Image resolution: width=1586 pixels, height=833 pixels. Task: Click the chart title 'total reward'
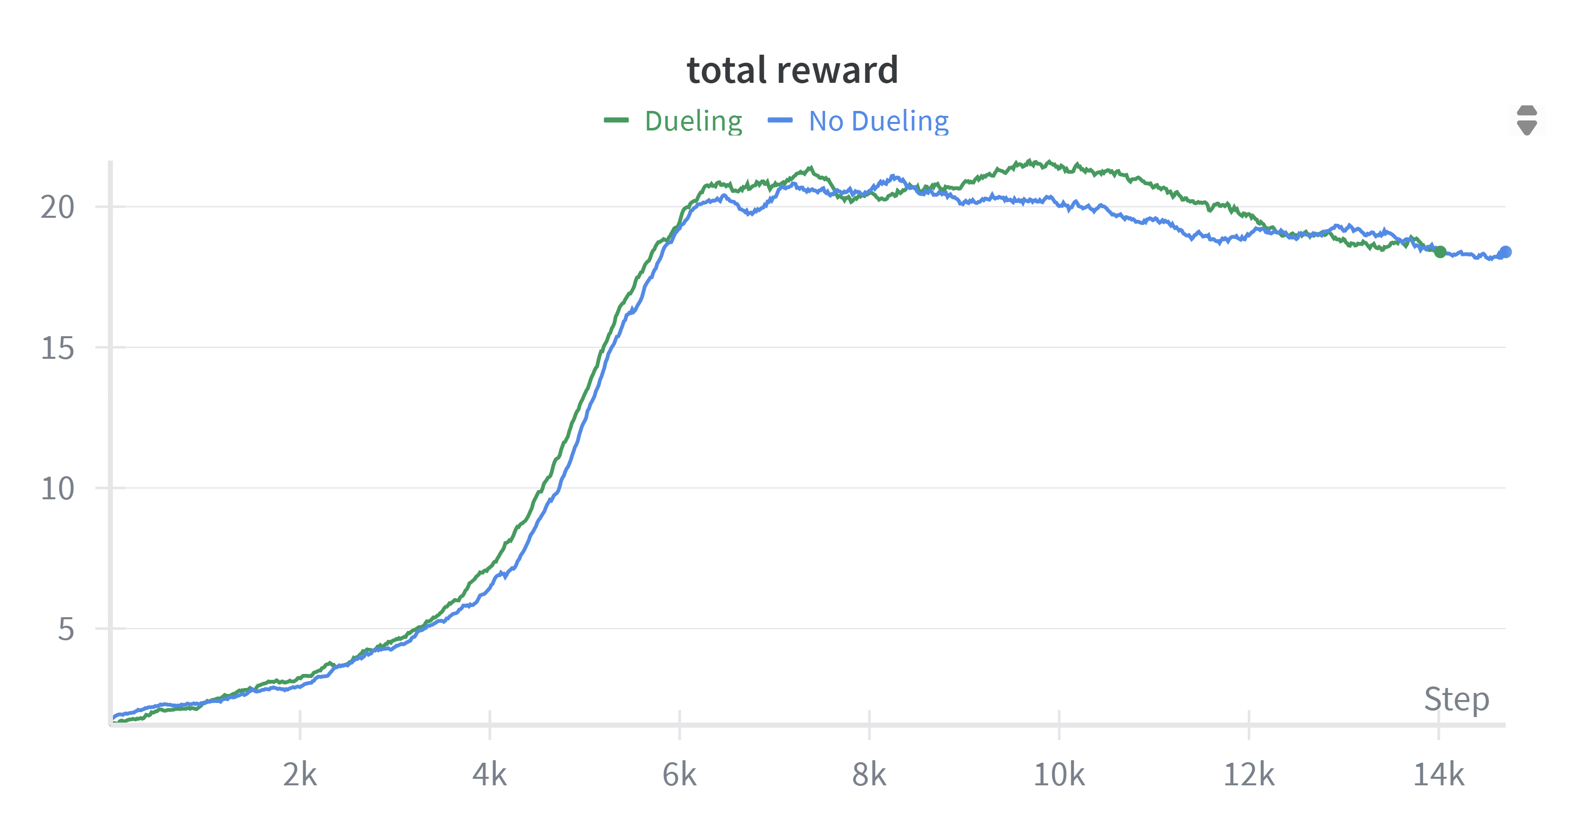[792, 70]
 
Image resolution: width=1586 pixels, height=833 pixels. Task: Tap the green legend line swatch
[616, 120]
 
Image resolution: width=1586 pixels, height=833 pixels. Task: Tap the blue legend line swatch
[780, 120]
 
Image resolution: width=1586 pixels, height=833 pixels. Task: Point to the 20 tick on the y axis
[57, 207]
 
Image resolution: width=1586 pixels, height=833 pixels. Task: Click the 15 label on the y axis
[57, 348]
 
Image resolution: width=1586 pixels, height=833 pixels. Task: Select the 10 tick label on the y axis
[57, 489]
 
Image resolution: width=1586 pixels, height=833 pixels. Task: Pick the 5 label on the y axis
[66, 629]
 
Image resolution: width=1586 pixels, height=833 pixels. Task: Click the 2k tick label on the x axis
[300, 774]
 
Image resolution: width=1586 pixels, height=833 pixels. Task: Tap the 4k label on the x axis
[489, 774]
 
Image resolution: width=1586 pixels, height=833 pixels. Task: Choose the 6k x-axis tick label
[679, 774]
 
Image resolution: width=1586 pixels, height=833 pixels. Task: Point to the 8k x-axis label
[869, 774]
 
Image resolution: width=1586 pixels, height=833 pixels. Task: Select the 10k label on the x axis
[1059, 774]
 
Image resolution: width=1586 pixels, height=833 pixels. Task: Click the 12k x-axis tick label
[1249, 774]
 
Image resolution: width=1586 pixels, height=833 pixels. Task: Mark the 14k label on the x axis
[1438, 774]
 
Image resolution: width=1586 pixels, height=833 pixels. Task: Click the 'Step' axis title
[1457, 700]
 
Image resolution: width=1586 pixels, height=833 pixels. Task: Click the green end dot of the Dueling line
[1440, 252]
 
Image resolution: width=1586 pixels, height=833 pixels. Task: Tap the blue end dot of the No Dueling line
[1505, 252]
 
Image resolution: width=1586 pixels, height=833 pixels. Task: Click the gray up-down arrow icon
[1527, 119]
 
